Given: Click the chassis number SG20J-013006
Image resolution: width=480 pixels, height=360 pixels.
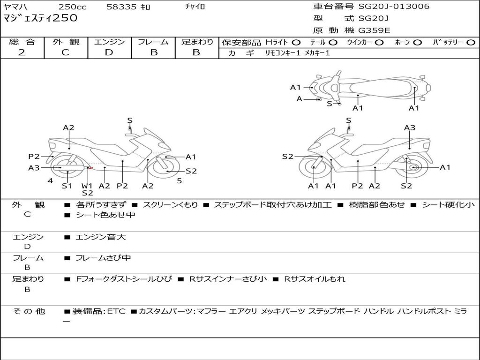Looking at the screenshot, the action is pyautogui.click(x=394, y=6).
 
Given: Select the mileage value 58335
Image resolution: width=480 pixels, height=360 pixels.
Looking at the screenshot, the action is pyautogui.click(x=121, y=7).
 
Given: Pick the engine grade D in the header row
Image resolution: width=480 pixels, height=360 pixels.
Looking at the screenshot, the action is pyautogui.click(x=109, y=52).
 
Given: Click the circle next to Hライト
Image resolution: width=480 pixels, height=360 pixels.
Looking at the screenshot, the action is pyautogui.click(x=296, y=42).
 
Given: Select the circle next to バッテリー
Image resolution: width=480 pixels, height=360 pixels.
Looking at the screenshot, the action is pyautogui.click(x=471, y=42).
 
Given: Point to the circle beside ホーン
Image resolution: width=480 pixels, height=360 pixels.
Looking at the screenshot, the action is pyautogui.click(x=417, y=42).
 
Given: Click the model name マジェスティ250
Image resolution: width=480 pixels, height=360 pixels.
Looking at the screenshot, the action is pyautogui.click(x=40, y=18).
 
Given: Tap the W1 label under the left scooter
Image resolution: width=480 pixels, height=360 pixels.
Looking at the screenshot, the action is pyautogui.click(x=87, y=186).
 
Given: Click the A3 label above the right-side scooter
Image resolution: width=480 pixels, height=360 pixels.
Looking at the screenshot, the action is pyautogui.click(x=410, y=127).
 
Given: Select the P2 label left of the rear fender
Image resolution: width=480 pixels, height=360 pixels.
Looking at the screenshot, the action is pyautogui.click(x=34, y=157).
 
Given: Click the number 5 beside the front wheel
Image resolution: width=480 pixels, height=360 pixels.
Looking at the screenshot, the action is pyautogui.click(x=180, y=181).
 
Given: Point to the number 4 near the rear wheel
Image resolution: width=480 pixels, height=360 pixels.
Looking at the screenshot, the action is pyautogui.click(x=50, y=181).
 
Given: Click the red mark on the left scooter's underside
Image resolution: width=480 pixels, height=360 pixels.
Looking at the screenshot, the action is pyautogui.click(x=91, y=168).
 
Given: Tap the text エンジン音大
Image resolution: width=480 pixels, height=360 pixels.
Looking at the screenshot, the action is pyautogui.click(x=101, y=237).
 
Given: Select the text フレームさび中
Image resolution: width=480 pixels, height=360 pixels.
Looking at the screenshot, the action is pyautogui.click(x=103, y=258).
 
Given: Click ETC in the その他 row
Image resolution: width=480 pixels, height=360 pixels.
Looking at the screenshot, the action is pyautogui.click(x=116, y=311).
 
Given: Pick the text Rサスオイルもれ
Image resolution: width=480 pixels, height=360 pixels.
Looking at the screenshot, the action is pyautogui.click(x=315, y=279).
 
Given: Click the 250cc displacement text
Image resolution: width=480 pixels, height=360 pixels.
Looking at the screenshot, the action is pyautogui.click(x=73, y=7).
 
